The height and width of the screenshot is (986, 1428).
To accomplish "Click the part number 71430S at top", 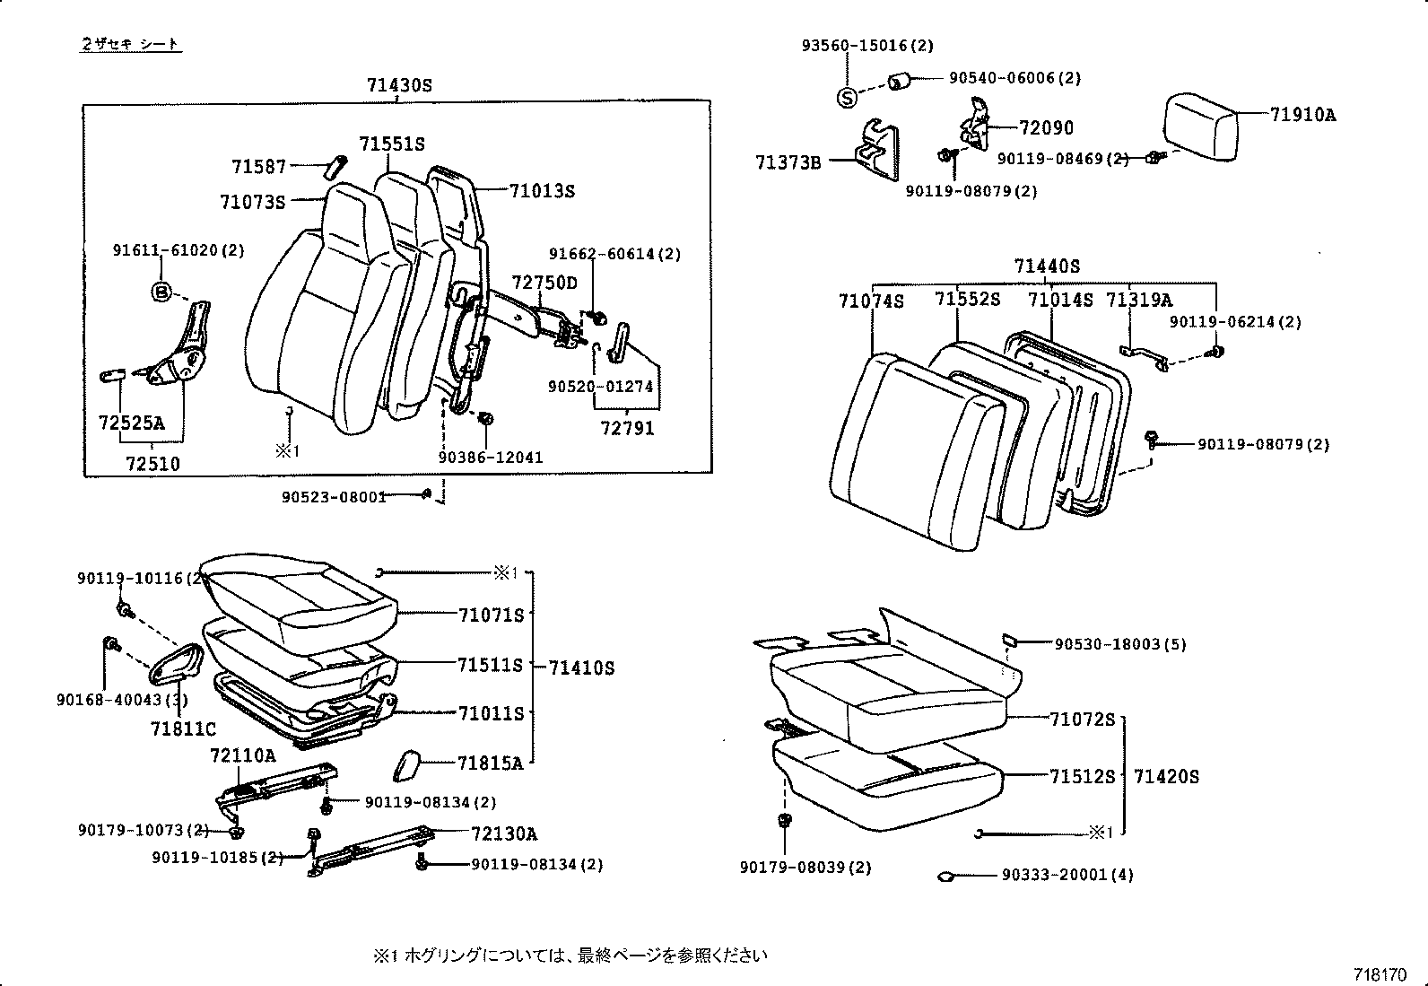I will coord(399,86).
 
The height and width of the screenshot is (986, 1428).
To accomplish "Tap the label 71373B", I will coord(788,162).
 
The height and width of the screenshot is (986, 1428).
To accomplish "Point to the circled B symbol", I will coord(160,292).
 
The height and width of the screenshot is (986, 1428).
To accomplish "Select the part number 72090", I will coord(1046,128).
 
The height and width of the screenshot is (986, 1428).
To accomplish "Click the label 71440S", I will coord(1047,266).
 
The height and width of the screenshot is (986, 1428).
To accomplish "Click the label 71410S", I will coord(581,668).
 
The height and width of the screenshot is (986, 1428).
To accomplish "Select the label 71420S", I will coord(1165,776).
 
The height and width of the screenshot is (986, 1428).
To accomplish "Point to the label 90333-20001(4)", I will coord(1067,875).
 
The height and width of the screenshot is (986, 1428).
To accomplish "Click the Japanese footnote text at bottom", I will coord(570,955).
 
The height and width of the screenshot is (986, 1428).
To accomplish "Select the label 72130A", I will coord(503,833).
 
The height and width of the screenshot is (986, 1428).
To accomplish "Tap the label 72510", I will coord(152,464).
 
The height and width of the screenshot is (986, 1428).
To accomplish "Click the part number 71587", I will coord(258,167).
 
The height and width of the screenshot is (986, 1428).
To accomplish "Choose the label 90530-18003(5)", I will coord(1120,644).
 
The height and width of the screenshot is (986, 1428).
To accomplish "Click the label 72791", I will coord(627,428).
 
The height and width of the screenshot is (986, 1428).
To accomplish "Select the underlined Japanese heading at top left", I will coord(131,44).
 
